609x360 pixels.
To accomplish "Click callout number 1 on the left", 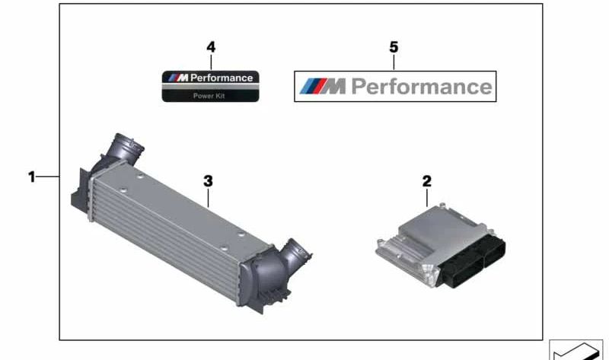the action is [31, 177].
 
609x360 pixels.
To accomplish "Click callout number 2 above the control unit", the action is [426, 181].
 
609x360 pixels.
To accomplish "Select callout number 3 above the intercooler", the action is [208, 181].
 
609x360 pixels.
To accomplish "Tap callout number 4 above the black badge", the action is [211, 47].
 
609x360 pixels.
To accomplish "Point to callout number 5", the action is [394, 47].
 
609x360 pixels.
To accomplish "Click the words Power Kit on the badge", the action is [209, 96].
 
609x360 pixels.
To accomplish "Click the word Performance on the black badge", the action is [222, 78].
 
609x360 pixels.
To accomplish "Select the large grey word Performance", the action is [422, 87].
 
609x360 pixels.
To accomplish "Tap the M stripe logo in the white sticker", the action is [322, 86].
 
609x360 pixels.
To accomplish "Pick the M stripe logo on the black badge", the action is [178, 78].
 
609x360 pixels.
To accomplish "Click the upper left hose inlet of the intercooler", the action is [123, 148].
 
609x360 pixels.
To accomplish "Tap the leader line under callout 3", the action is [208, 198].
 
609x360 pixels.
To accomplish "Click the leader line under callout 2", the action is [427, 198].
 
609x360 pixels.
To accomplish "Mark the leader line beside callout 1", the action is [48, 177].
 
